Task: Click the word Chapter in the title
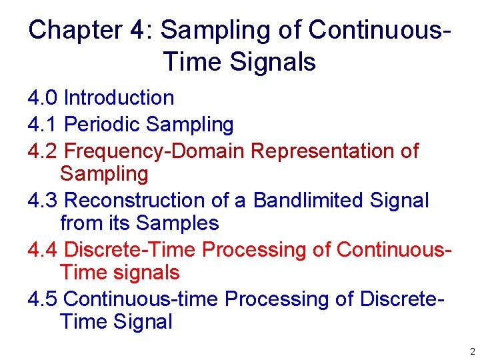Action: (x=74, y=30)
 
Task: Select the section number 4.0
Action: (x=43, y=98)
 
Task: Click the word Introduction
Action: (x=119, y=98)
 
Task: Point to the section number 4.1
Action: (x=43, y=125)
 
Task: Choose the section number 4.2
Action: (x=43, y=151)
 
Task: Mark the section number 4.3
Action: (x=43, y=200)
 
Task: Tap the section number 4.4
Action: (x=43, y=249)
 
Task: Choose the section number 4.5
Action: (x=43, y=299)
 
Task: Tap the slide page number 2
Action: (x=472, y=351)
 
